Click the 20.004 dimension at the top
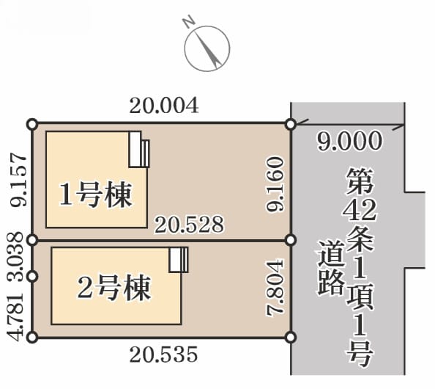[x=164, y=106]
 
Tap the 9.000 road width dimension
[x=349, y=141]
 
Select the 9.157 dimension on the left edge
[x=18, y=180]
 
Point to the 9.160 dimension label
[x=275, y=184]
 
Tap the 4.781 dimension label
[x=15, y=316]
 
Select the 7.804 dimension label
[x=275, y=287]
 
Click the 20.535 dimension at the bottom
[x=164, y=354]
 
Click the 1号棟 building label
[x=95, y=195]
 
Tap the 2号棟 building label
[x=114, y=288]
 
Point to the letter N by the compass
[x=188, y=22]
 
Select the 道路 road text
[x=331, y=267]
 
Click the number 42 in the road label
[x=360, y=210]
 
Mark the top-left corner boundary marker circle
[x=32, y=124]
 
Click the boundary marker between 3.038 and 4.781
[x=32, y=277]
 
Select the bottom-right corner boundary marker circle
[x=291, y=338]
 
